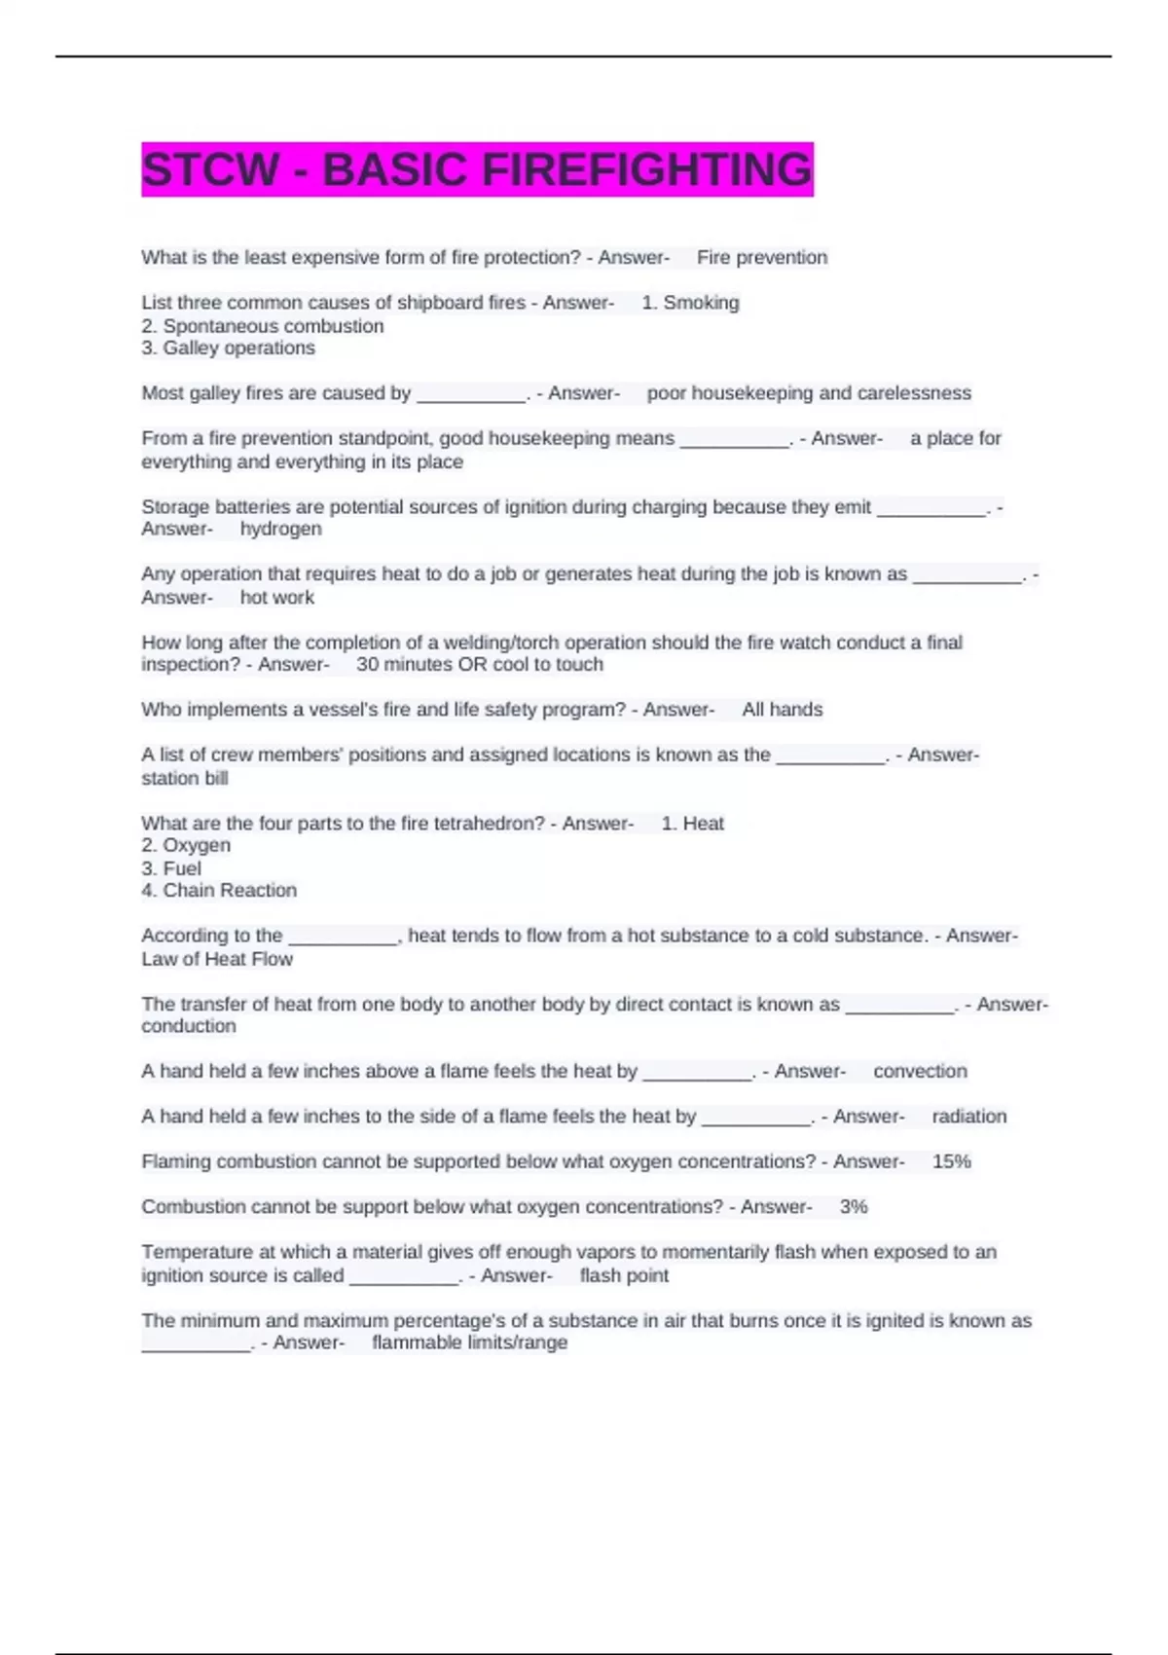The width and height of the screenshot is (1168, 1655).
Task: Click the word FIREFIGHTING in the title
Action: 646,169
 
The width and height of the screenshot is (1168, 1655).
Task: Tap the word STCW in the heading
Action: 210,169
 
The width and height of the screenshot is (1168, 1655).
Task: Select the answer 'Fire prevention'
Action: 762,258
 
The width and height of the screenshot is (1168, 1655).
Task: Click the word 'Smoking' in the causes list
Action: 701,303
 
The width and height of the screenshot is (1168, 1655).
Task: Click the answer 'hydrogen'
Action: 280,529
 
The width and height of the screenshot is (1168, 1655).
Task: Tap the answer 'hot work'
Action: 277,598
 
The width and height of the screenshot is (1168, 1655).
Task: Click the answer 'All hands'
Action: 783,710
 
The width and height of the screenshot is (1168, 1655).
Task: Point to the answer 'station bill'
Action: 185,778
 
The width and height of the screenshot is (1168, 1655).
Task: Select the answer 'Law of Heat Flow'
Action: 217,959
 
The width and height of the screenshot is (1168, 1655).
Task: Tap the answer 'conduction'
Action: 189,1026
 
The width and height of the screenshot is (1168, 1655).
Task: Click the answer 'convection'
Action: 920,1072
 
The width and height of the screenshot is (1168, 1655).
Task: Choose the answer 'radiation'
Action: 969,1117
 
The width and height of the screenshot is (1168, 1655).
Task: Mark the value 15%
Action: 951,1161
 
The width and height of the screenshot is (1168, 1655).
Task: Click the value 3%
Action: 854,1207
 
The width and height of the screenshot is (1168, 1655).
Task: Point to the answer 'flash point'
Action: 624,1275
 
